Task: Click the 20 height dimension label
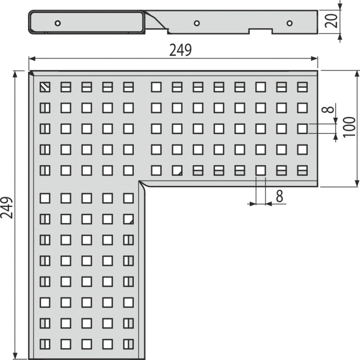[x=331, y=21]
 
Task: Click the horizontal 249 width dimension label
[x=180, y=50]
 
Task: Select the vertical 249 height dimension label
[x=7, y=207]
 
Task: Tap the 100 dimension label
[x=349, y=127]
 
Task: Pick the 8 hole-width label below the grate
[x=279, y=196]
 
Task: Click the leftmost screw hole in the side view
[x=58, y=23]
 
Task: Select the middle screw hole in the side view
[x=196, y=23]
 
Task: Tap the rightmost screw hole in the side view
[x=289, y=23]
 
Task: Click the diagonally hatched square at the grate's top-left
[x=45, y=87]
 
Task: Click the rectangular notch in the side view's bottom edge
[x=261, y=31]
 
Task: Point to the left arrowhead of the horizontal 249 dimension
[x=32, y=59]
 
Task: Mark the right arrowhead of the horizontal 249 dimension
[x=314, y=59]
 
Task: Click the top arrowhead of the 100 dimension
[x=357, y=74]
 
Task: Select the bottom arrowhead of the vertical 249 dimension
[x=15, y=356]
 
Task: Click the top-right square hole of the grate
[x=302, y=87]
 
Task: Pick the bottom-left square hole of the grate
[x=45, y=344]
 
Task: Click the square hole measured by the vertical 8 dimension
[x=302, y=129]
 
